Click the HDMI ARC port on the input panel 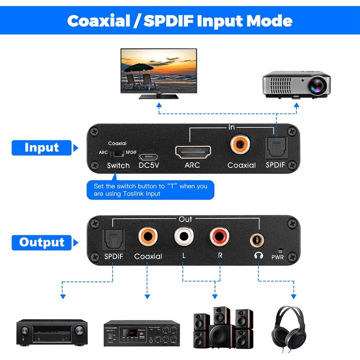(x=192, y=152)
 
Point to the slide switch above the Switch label (x=117, y=153)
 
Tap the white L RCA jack (x=184, y=235)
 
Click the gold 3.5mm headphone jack (x=258, y=237)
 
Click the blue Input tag (x=41, y=148)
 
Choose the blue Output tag (x=42, y=242)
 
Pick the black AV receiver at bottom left (x=51, y=332)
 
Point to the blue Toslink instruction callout (x=150, y=189)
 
